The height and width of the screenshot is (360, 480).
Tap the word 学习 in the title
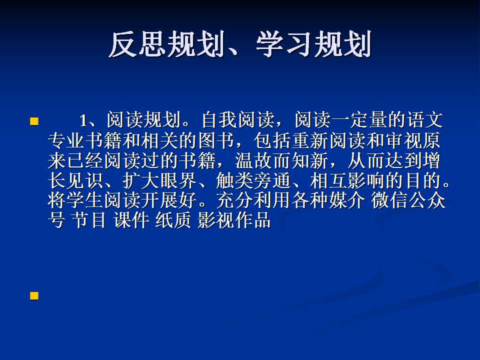click(284, 44)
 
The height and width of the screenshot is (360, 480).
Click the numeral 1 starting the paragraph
click(83, 120)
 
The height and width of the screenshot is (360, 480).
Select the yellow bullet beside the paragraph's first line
click(34, 121)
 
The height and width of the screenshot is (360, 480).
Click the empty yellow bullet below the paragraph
click(34, 295)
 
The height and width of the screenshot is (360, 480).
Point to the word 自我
click(219, 120)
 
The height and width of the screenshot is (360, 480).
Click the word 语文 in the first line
click(424, 120)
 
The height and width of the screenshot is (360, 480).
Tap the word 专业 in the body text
click(66, 140)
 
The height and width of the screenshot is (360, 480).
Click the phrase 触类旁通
click(253, 181)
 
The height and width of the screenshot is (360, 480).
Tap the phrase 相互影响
click(347, 181)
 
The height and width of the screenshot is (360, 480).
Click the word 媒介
click(347, 201)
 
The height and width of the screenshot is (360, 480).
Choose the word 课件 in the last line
click(131, 220)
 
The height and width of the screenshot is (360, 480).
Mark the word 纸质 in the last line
click(173, 220)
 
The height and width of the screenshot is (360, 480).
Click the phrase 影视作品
click(234, 220)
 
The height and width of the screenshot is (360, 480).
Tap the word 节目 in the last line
click(89, 220)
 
